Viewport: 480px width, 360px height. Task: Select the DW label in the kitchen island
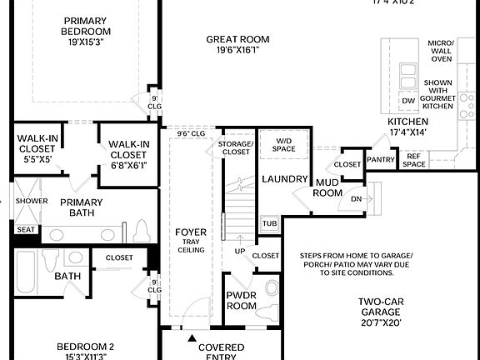click(407, 101)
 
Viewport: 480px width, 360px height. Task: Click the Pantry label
click(381, 158)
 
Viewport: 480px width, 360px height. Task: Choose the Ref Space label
click(414, 159)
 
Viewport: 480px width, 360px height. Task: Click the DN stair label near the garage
click(357, 199)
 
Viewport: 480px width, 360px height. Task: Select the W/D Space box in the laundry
click(283, 144)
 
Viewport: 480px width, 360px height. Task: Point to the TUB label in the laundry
click(268, 223)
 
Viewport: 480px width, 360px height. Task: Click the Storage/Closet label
click(235, 148)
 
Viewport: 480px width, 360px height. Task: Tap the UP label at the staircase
click(240, 250)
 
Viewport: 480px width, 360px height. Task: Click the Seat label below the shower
click(25, 229)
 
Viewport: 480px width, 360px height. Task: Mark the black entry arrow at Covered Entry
click(192, 338)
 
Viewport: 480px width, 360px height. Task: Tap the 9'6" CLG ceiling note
click(191, 133)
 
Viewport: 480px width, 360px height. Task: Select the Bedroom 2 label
click(85, 347)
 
